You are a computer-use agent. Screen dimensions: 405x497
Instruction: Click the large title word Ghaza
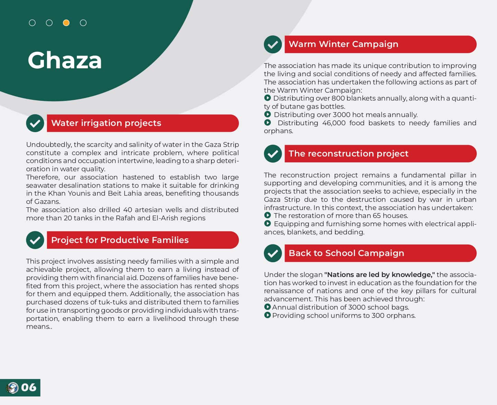coord(65,60)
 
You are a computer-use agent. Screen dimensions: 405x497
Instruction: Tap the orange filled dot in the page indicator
coord(66,23)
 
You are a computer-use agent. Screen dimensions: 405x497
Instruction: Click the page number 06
coord(28,387)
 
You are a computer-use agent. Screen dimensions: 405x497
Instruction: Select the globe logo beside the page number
coord(12,388)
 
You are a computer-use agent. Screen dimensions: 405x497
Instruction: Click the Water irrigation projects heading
coord(106,123)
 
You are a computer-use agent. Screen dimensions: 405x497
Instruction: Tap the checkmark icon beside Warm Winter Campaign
coord(273,44)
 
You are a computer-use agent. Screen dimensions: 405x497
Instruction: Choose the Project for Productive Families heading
coord(120,240)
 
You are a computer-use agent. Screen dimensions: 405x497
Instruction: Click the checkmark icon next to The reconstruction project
coord(273,153)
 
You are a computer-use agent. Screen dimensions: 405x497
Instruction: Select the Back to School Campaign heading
coord(346,253)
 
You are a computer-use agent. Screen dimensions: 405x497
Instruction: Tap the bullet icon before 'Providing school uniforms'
coord(267,315)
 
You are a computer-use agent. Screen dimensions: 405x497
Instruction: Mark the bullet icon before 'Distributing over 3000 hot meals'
coord(267,114)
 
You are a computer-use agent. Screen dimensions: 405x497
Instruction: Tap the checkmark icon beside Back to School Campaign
coord(273,253)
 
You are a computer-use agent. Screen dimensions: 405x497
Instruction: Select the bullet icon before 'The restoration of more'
coord(267,215)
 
